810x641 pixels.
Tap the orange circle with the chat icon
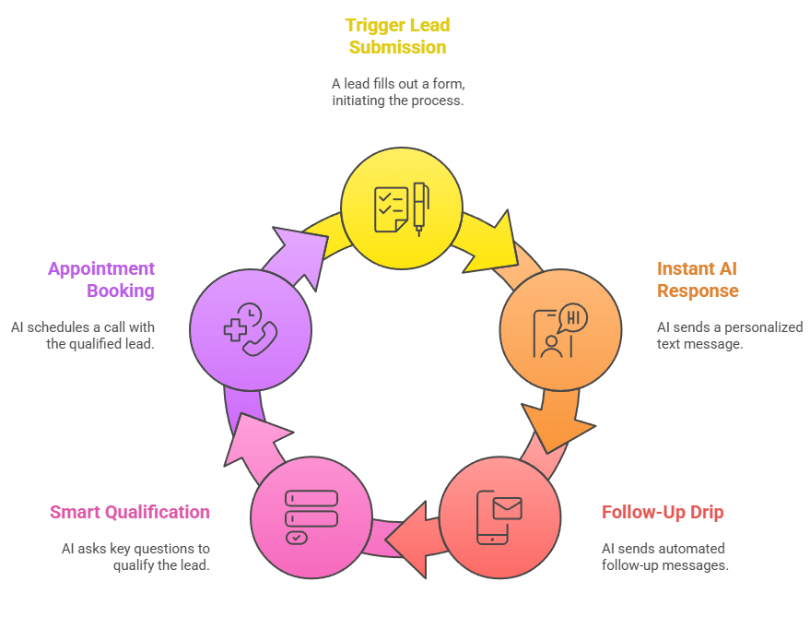click(560, 329)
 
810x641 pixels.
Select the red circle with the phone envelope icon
click(499, 518)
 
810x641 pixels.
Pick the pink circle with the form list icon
click(311, 518)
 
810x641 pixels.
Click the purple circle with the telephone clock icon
click(251, 329)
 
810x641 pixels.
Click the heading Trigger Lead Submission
click(397, 36)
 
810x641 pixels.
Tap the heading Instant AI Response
click(698, 279)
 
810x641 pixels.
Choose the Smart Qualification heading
click(130, 512)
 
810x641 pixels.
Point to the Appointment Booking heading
click(101, 279)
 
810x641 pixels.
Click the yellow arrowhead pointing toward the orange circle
click(495, 241)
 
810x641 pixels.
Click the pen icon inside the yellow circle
click(420, 208)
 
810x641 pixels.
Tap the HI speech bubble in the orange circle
click(573, 318)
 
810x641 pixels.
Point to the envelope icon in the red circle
click(507, 508)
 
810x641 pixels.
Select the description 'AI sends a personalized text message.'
click(730, 335)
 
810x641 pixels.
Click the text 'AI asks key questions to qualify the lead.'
click(135, 557)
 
